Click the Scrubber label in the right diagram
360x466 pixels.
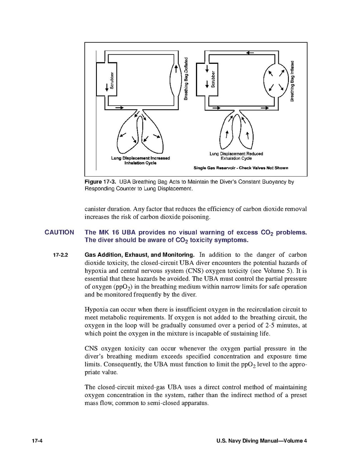213,80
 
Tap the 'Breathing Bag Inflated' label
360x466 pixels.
292,81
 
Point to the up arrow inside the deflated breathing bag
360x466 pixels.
176,69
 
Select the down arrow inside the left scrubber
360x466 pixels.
106,88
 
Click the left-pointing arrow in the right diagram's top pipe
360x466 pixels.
250,53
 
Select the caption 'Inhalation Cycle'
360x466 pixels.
140,163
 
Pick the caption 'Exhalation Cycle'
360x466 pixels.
236,158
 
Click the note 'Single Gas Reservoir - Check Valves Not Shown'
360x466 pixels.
241,168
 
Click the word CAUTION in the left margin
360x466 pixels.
59,233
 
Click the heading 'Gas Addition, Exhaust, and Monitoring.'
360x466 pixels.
140,255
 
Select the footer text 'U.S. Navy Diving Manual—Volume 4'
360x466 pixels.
262,441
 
